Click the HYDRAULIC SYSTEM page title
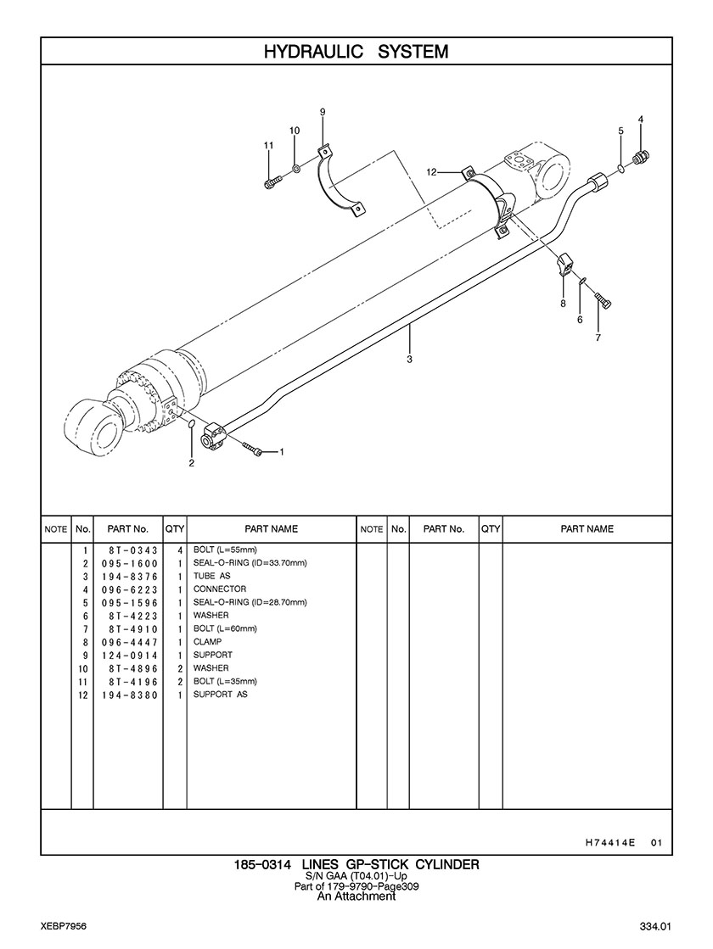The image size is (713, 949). [x=356, y=52]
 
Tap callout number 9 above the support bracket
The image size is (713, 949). [x=323, y=112]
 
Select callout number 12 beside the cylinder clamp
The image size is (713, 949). [x=431, y=172]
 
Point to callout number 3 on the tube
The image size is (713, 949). [x=409, y=360]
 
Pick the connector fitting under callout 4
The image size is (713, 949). [x=643, y=157]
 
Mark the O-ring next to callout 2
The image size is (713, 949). [x=192, y=424]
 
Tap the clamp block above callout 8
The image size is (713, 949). [x=566, y=265]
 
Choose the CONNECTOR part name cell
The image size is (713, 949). [x=220, y=589]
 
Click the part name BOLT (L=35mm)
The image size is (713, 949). [x=225, y=681]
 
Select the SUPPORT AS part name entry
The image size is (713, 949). [x=220, y=695]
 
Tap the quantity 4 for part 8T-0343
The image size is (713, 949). [x=180, y=550]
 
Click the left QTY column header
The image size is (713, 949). [x=175, y=528]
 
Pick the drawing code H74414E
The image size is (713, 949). [x=610, y=843]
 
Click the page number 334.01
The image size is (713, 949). [x=656, y=925]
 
